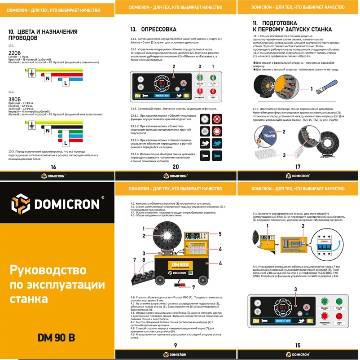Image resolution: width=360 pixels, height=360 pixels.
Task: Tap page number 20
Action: [x=176, y=167]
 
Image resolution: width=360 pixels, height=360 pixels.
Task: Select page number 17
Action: [x=298, y=167]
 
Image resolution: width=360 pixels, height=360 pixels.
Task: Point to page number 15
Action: [x=298, y=345]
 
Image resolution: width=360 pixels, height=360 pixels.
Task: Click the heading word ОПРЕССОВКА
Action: [x=156, y=28]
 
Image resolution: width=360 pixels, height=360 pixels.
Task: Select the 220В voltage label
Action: [x=15, y=53]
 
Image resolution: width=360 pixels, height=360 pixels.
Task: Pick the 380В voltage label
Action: [x=15, y=99]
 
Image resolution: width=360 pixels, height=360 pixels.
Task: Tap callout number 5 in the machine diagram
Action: [x=220, y=234]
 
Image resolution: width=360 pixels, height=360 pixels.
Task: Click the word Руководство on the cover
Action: [x=47, y=270]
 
